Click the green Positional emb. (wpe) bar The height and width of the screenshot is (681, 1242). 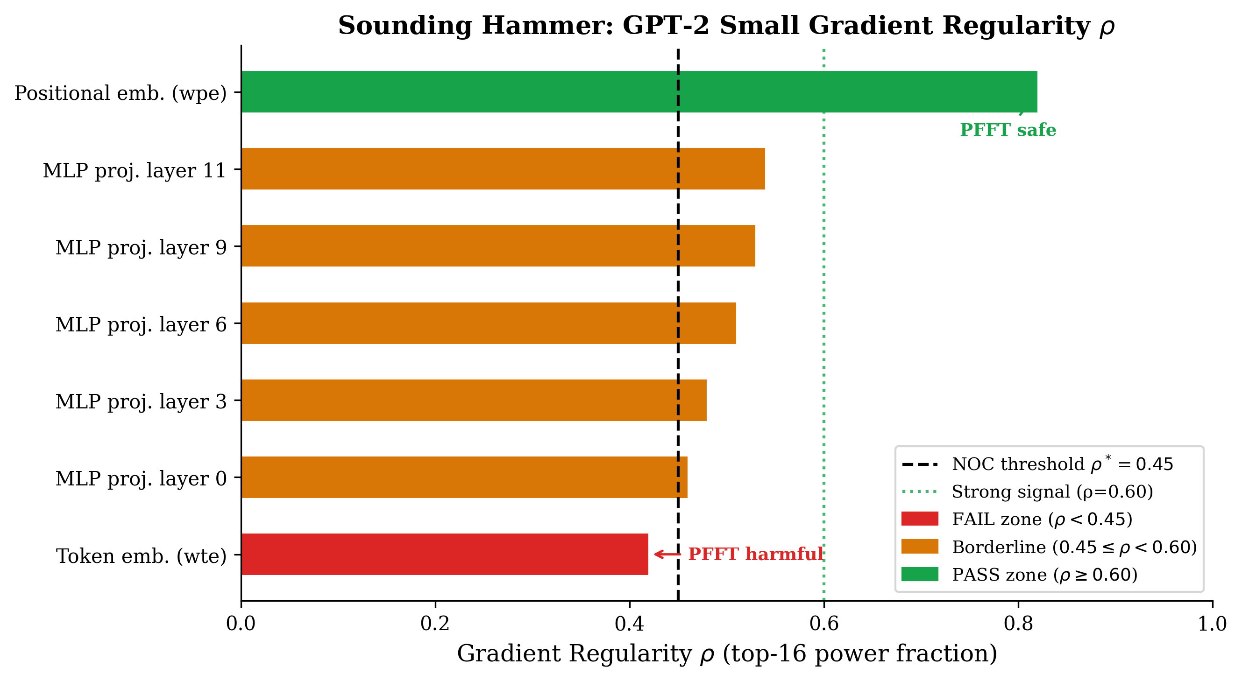(639, 91)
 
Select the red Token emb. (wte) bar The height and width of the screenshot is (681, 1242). (444, 554)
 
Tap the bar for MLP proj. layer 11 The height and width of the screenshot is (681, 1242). (503, 168)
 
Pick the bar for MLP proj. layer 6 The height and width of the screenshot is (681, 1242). (489, 323)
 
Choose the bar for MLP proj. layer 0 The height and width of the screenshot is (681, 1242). (464, 477)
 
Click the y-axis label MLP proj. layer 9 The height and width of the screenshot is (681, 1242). (141, 247)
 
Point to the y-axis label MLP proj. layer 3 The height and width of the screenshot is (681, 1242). (141, 401)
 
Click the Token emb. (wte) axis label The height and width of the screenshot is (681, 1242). (141, 556)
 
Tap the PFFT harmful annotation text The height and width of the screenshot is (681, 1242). (755, 554)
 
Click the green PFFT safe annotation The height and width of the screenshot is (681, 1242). (1008, 130)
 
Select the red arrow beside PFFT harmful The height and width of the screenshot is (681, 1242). (667, 554)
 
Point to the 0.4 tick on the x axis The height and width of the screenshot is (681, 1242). (629, 624)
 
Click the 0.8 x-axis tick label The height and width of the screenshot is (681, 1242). (1018, 624)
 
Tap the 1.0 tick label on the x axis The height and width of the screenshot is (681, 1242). (1212, 624)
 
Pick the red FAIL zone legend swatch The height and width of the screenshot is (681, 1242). (919, 519)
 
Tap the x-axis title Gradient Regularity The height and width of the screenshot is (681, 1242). (574, 654)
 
